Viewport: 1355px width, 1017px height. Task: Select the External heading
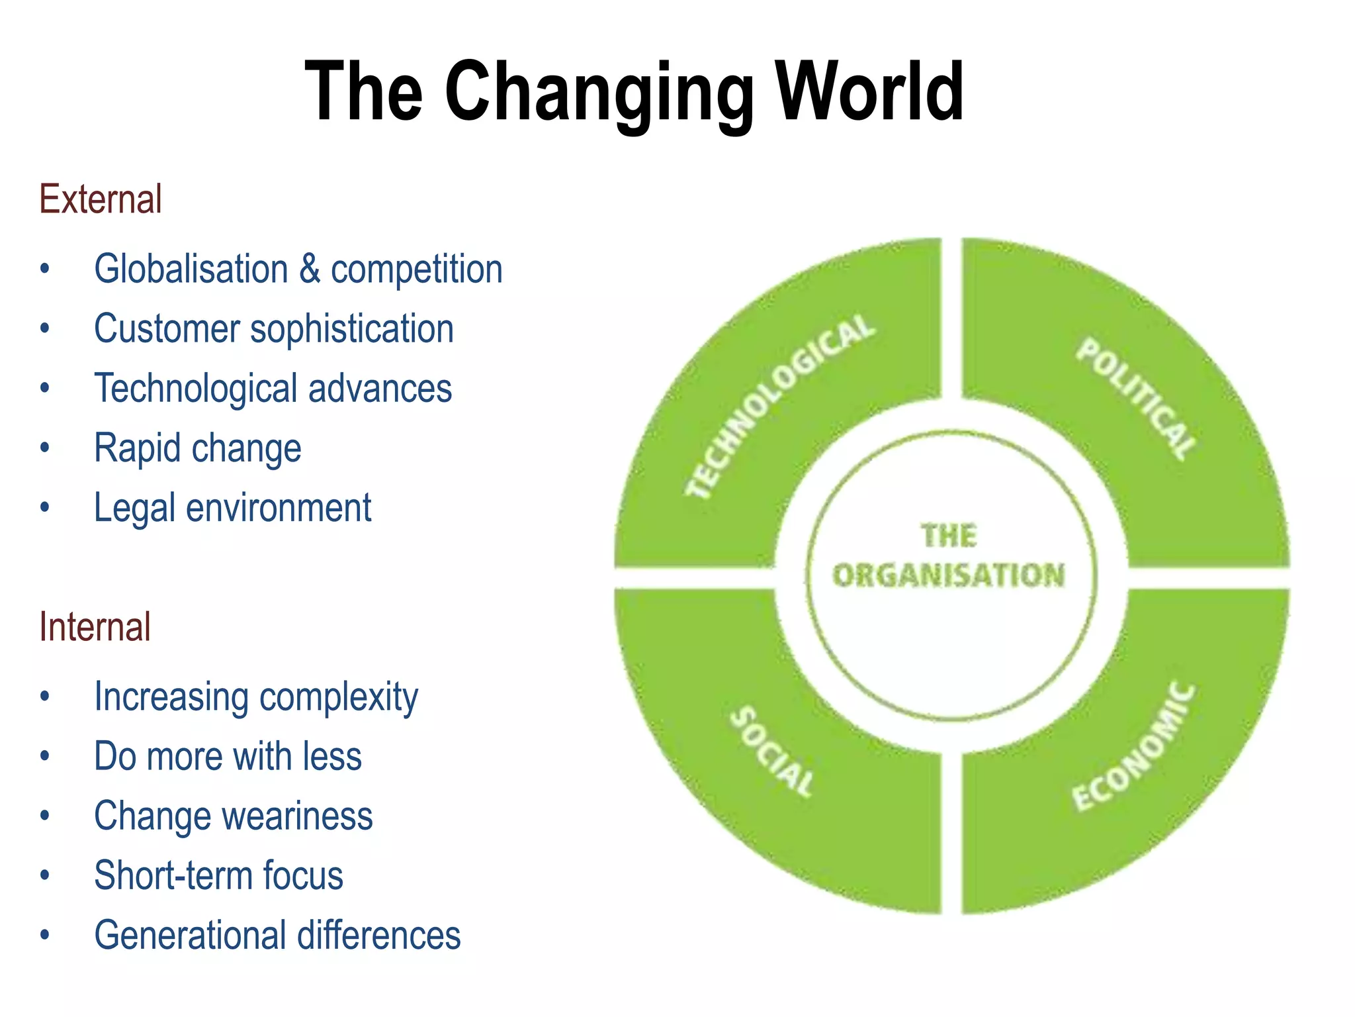[101, 199]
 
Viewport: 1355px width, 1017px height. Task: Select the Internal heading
[95, 626]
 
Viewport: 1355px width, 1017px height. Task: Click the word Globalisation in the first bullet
[191, 269]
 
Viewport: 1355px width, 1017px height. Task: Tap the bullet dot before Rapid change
[44, 448]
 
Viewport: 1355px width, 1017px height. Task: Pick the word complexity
[338, 698]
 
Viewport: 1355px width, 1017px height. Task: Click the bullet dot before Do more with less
[44, 756]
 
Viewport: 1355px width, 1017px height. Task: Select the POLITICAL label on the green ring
[1136, 399]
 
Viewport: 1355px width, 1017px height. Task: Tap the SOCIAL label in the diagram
[772, 751]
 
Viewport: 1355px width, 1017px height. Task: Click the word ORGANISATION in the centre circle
[949, 575]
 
